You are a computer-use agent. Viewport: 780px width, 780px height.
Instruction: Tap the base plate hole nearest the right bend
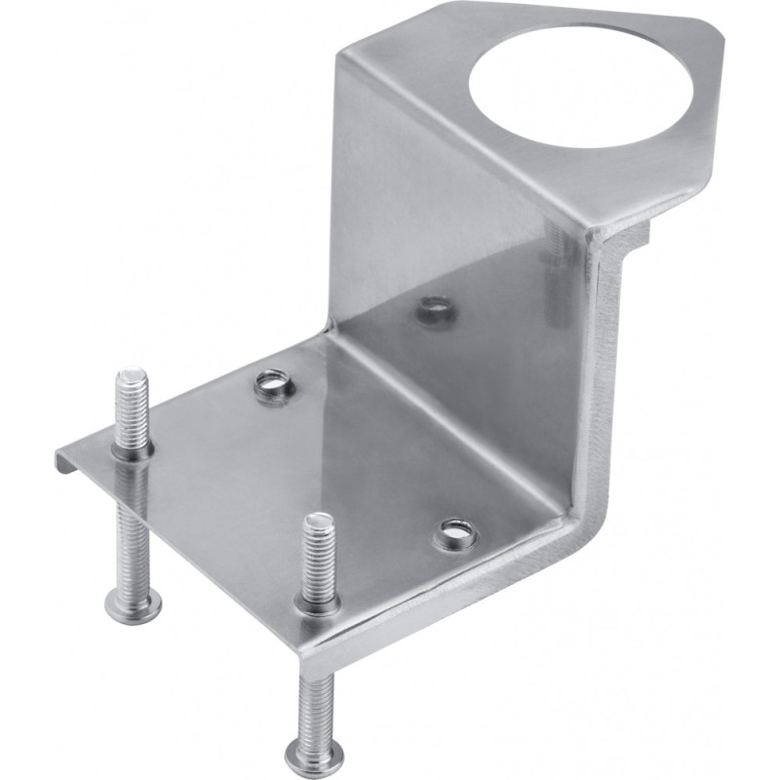(x=454, y=533)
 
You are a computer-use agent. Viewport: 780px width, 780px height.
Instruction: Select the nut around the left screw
(x=132, y=450)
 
